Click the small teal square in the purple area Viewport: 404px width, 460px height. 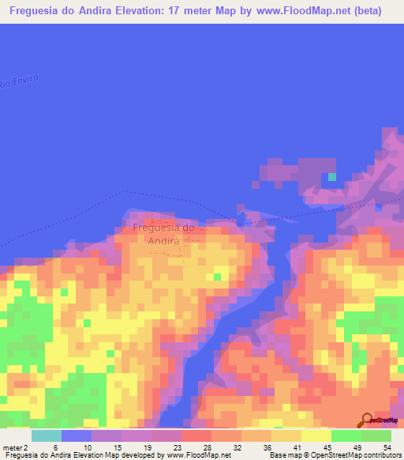[x=332, y=176]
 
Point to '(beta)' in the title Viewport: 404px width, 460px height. [x=368, y=12]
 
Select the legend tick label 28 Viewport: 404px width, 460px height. [x=207, y=427]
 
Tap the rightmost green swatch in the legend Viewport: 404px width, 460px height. [x=376, y=435]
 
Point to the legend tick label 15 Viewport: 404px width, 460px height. [x=116, y=427]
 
